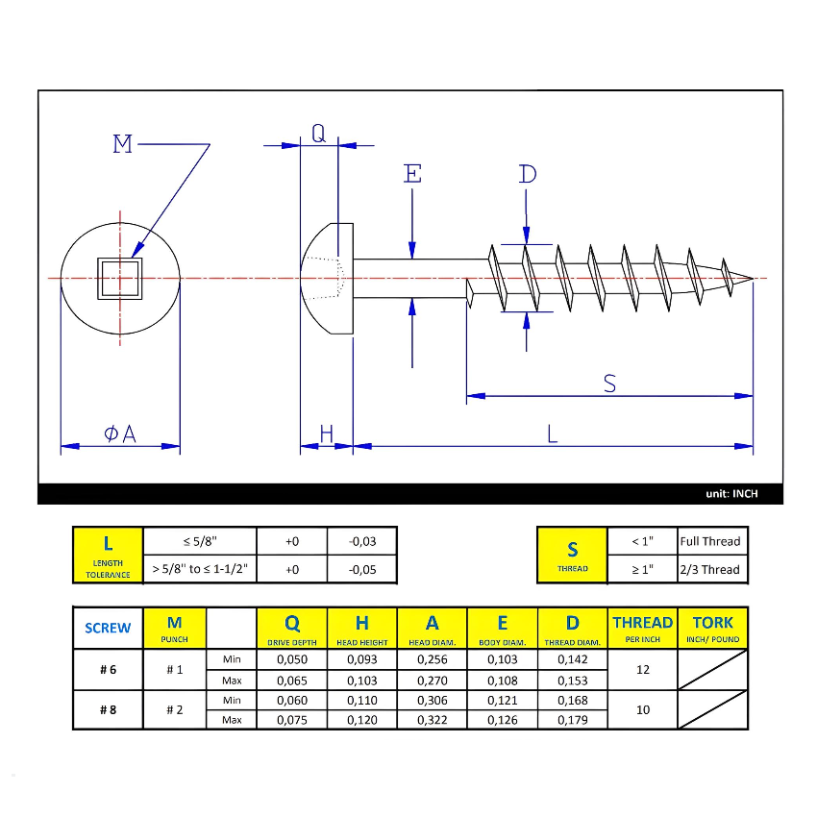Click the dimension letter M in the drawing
(x=122, y=145)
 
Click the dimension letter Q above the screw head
(x=319, y=135)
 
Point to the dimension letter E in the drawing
(x=412, y=174)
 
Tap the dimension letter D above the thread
(x=527, y=174)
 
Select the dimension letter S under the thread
(x=609, y=384)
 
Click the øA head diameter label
(x=120, y=434)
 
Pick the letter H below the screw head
(x=326, y=434)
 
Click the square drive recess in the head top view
(x=119, y=279)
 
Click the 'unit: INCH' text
(x=731, y=494)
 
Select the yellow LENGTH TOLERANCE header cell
(x=108, y=555)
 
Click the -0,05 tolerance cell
(x=362, y=569)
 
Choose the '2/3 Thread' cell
(x=709, y=569)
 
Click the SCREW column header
(x=108, y=629)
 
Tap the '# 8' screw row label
(x=108, y=710)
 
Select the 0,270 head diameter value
(x=433, y=680)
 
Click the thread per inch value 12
(x=643, y=669)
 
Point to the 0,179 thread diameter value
(x=573, y=720)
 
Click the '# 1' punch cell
(x=174, y=669)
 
